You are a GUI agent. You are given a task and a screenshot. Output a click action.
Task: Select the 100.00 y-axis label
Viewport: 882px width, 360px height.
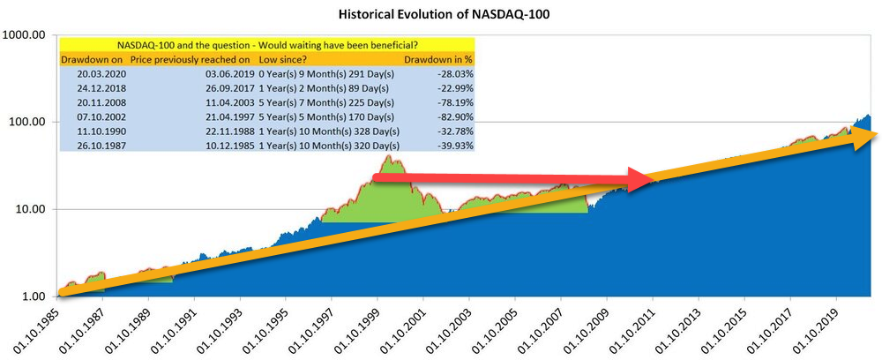tap(26, 122)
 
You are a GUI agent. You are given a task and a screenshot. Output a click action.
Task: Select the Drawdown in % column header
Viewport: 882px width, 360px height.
tap(438, 59)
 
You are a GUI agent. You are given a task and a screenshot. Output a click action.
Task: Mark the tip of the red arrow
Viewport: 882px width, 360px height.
tap(654, 179)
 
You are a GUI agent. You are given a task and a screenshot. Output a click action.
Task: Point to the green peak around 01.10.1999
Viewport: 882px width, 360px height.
tap(389, 160)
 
